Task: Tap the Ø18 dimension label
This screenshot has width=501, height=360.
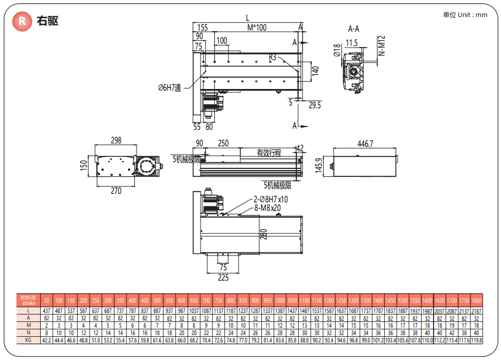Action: (337, 51)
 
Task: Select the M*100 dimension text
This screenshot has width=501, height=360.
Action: (257, 27)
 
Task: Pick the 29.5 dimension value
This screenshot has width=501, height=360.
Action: (315, 105)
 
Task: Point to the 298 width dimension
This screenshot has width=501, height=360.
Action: (116, 140)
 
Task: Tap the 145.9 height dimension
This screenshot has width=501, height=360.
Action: (319, 166)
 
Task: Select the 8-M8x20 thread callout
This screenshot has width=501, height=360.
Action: (268, 208)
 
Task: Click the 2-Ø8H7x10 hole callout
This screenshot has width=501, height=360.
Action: (270, 200)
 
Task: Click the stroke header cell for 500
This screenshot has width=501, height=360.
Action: (156, 300)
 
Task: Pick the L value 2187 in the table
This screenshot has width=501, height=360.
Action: (476, 310)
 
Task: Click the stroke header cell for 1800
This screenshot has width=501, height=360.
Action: (476, 300)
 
